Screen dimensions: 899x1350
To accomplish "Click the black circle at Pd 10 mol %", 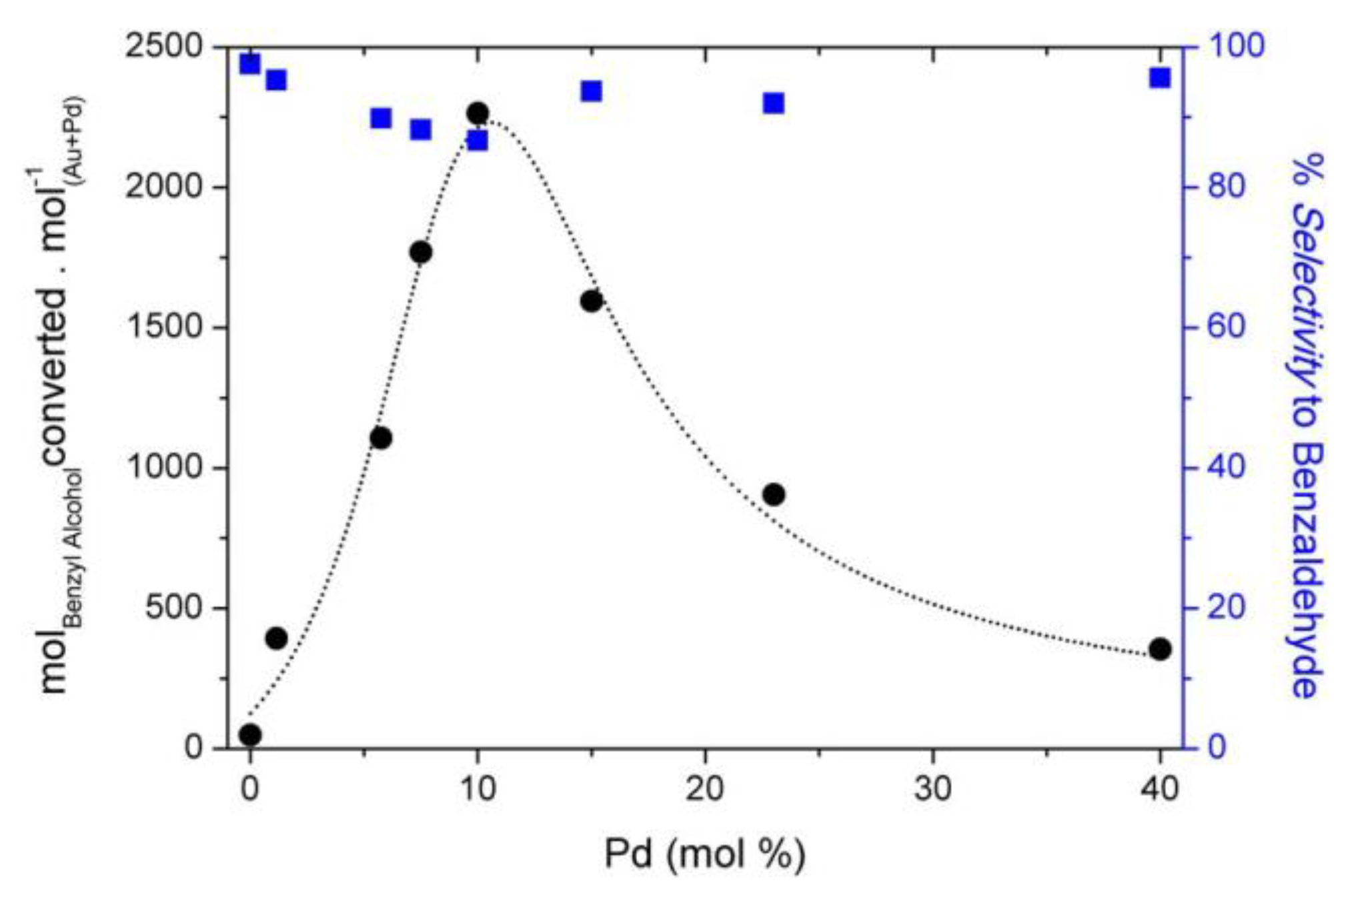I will (477, 113).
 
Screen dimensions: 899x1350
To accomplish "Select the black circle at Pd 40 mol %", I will (1160, 649).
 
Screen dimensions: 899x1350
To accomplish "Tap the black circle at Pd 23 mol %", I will (774, 495).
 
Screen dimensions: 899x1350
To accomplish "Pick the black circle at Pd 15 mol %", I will (591, 301).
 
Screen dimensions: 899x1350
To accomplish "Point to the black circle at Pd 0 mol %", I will (250, 735).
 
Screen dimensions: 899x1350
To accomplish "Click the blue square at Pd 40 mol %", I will (1160, 78).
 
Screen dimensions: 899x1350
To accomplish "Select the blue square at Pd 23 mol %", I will (774, 103).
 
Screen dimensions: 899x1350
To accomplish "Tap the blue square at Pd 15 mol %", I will (591, 91).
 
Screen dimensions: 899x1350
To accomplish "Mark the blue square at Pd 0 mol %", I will (250, 64).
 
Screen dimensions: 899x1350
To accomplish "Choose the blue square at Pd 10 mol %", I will (477, 141).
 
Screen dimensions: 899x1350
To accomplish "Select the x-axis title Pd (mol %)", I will (704, 854).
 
